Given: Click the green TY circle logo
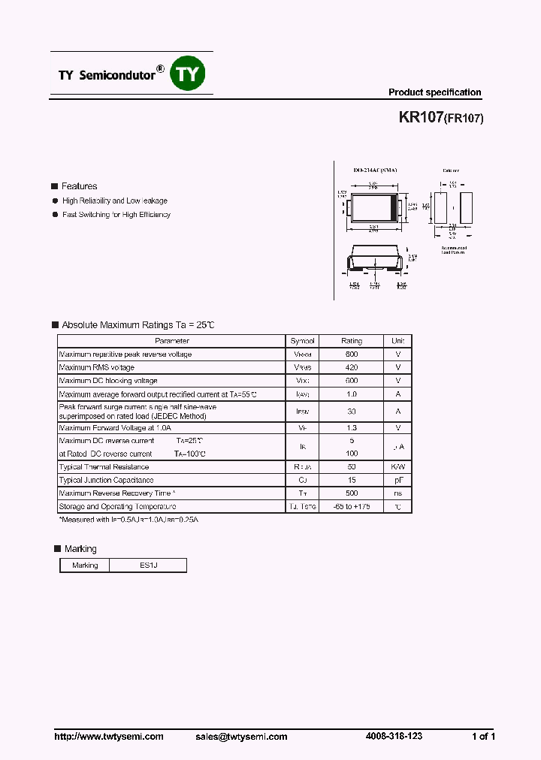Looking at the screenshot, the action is tap(189, 74).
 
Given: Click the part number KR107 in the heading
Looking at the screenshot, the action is tap(420, 118).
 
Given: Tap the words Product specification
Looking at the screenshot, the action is tap(434, 92).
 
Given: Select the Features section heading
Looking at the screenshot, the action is tap(79, 186).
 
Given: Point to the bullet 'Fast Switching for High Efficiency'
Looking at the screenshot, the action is tap(116, 215).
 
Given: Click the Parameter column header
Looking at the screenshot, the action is tap(172, 341).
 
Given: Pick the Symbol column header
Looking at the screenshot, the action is tap(302, 341).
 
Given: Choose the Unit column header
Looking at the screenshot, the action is tap(397, 341).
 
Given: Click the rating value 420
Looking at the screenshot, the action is tap(351, 367).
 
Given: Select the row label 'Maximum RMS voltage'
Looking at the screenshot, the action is tap(97, 367).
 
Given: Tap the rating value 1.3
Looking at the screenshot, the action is tap(351, 427).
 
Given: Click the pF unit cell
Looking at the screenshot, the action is tap(397, 480).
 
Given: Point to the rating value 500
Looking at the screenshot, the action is tap(351, 493).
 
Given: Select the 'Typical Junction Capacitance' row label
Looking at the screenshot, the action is tap(107, 480).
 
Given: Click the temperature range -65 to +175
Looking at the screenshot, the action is tap(351, 507).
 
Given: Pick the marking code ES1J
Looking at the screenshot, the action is tap(148, 565).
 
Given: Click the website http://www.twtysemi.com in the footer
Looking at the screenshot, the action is tap(109, 737).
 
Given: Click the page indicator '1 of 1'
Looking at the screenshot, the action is tap(483, 737).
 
